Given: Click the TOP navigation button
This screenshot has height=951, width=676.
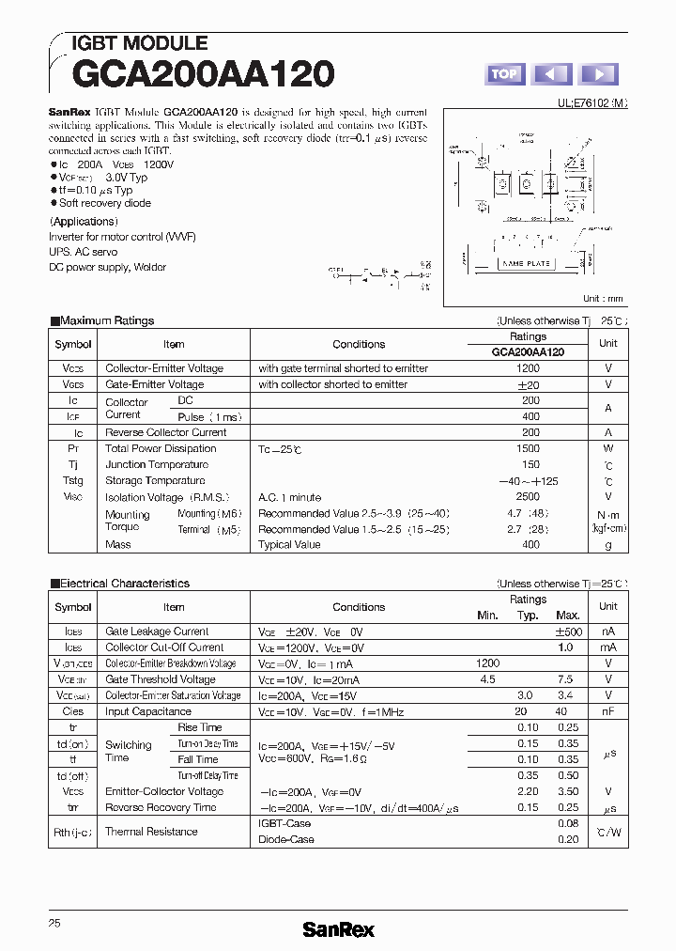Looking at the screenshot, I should [x=504, y=74].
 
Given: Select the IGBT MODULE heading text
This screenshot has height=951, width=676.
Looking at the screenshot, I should [x=140, y=43].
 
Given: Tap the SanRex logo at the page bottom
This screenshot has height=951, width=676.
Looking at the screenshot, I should [x=338, y=929].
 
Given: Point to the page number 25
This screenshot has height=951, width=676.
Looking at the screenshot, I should [x=54, y=923].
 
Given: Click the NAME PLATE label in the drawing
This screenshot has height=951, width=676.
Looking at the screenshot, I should [x=526, y=264].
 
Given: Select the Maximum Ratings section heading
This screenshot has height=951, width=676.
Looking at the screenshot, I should [x=106, y=320].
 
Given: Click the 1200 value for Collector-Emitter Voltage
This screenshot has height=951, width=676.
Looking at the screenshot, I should [x=528, y=368].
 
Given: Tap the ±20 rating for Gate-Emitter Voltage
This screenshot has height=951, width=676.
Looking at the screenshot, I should [x=528, y=384].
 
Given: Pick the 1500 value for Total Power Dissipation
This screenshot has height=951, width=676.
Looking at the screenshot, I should [x=528, y=448].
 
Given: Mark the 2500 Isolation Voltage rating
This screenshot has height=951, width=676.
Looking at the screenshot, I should [x=528, y=496].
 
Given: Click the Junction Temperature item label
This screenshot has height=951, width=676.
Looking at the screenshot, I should [x=157, y=464].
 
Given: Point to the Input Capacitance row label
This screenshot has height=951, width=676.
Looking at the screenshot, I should [x=148, y=711].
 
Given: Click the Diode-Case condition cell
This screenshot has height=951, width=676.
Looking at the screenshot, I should [x=286, y=839].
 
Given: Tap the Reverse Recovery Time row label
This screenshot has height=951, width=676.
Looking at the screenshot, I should [x=161, y=807].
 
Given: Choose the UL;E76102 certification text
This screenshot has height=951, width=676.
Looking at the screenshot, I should [x=587, y=107].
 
